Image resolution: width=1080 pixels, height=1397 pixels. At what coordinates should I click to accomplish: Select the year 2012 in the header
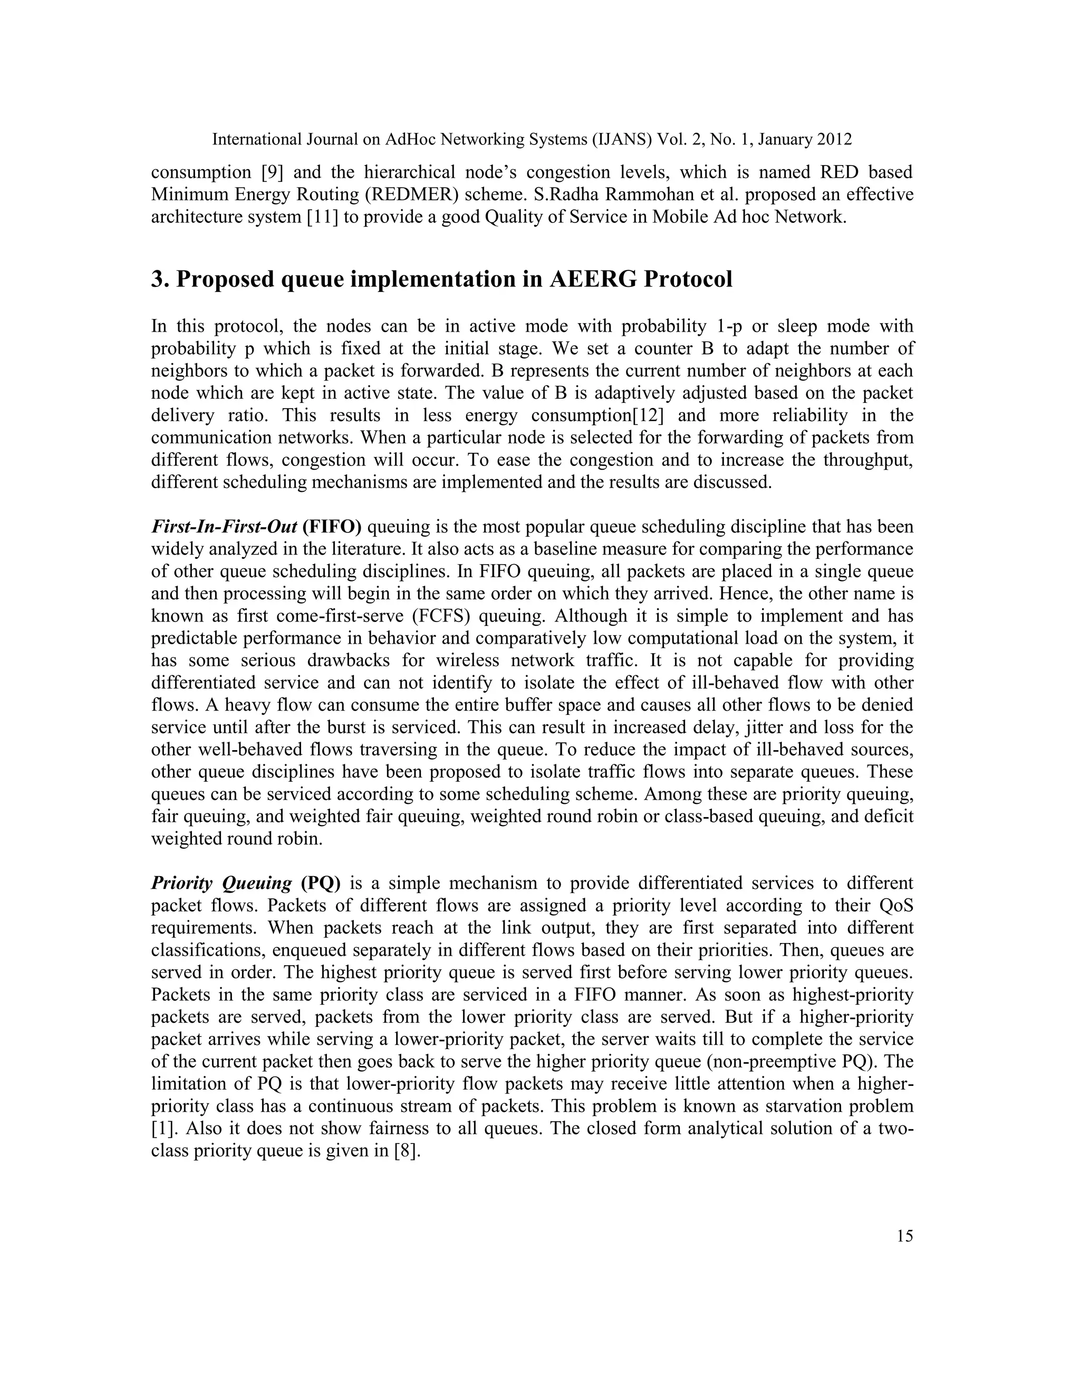pos(833,140)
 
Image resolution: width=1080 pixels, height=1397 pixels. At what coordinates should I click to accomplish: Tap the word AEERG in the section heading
pos(595,279)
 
